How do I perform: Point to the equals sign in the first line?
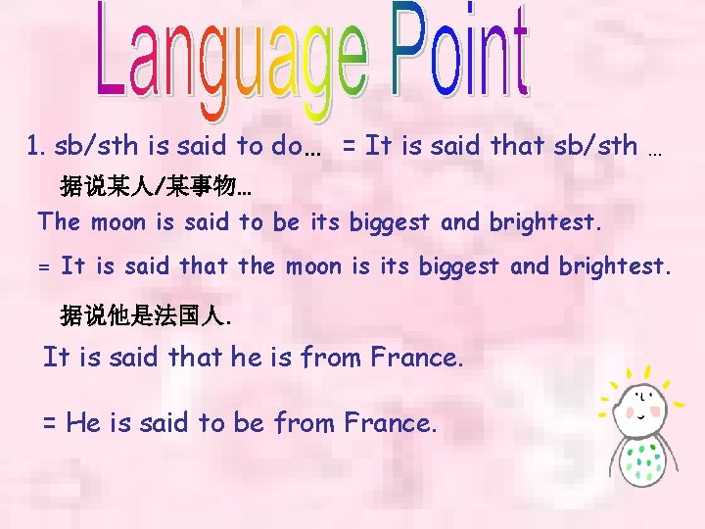click(349, 147)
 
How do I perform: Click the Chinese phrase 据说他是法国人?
click(146, 315)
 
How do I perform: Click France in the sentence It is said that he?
click(416, 358)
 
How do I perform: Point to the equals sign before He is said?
click(50, 423)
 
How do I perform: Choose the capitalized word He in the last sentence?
click(84, 423)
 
